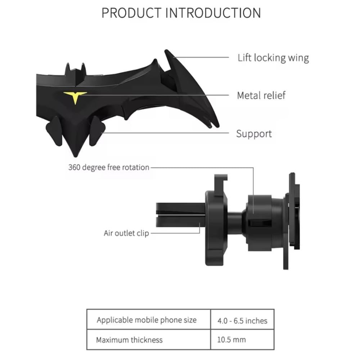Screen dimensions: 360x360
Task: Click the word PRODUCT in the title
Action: point(131,13)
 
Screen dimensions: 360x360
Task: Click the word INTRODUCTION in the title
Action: point(213,13)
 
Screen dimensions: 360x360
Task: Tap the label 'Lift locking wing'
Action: point(273,58)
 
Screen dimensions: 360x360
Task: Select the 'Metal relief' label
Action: point(261,95)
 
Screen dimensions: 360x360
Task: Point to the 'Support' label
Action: point(254,134)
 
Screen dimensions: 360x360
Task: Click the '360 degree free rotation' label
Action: point(109,167)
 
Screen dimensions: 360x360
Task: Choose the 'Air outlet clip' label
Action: point(126,233)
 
